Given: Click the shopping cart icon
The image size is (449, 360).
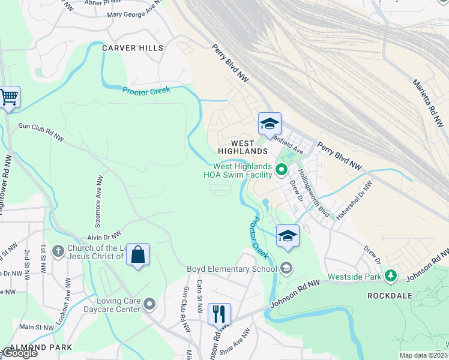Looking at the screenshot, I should click(x=9, y=97).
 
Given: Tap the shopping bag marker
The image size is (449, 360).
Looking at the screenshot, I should click(x=137, y=254).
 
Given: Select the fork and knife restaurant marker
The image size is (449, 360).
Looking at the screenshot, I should click(x=219, y=314).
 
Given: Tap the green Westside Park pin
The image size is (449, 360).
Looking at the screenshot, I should click(x=391, y=276).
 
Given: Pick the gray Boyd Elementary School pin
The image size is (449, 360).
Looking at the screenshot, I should click(x=286, y=268).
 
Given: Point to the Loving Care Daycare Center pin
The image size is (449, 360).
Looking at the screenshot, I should click(x=149, y=304).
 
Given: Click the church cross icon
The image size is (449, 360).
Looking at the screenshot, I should click(x=58, y=251).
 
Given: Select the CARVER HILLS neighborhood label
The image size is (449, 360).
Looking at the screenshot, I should click(x=133, y=47).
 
